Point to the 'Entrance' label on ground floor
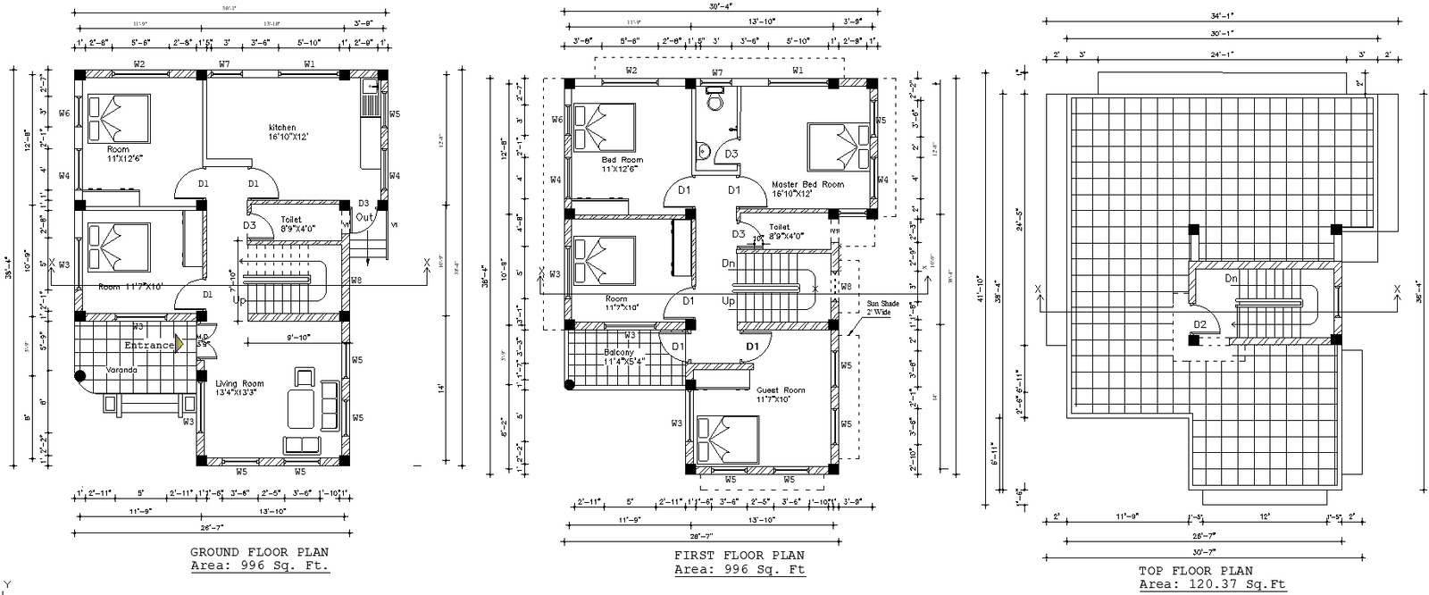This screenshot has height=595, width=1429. (x=149, y=345)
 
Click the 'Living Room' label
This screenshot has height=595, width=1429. (x=239, y=384)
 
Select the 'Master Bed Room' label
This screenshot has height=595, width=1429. (x=807, y=185)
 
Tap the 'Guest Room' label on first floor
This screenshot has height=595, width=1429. (x=781, y=390)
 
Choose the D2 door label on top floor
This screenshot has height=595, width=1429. (x=1199, y=324)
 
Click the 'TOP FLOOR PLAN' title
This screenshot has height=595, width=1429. (x=1195, y=571)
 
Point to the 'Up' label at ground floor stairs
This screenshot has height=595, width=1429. (x=238, y=301)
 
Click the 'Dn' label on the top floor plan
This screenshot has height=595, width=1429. (x=1231, y=279)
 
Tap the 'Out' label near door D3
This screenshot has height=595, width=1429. (x=364, y=217)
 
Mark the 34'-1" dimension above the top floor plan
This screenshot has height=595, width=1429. (x=1216, y=15)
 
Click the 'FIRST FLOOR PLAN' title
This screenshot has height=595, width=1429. (x=739, y=556)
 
